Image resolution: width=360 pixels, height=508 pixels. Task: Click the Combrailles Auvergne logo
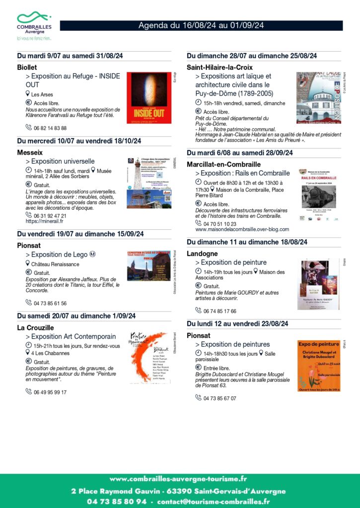click(34, 25)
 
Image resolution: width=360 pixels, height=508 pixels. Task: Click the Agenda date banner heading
click(201, 25)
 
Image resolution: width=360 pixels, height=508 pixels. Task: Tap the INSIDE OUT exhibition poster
click(148, 98)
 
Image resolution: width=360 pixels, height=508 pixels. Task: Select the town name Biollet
click(27, 67)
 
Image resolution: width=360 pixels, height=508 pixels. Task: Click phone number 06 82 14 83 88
click(50, 128)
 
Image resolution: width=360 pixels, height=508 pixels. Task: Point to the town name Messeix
click(30, 152)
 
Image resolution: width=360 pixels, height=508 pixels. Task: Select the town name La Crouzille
click(35, 327)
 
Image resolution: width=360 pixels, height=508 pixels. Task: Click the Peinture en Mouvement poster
click(148, 358)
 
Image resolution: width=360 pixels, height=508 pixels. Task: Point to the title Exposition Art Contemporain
click(73, 336)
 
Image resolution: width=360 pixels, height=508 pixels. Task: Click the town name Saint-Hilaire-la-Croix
click(219, 67)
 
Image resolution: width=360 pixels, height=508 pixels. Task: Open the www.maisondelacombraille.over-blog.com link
click(242, 230)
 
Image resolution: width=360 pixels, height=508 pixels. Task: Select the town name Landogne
click(202, 254)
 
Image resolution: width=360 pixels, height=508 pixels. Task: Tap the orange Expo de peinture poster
click(319, 366)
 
